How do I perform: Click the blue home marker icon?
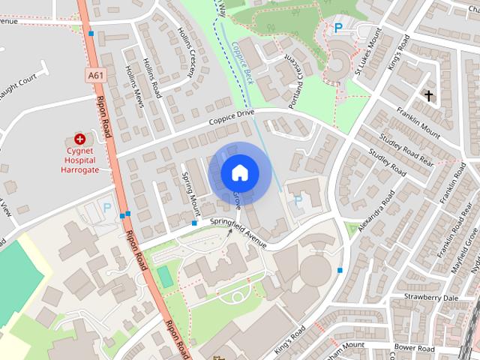[239, 173]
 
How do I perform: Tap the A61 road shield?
[95, 76]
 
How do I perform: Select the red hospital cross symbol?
[79, 139]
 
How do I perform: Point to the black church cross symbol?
[428, 96]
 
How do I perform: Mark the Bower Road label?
[414, 349]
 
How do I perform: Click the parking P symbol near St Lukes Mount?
[338, 28]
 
